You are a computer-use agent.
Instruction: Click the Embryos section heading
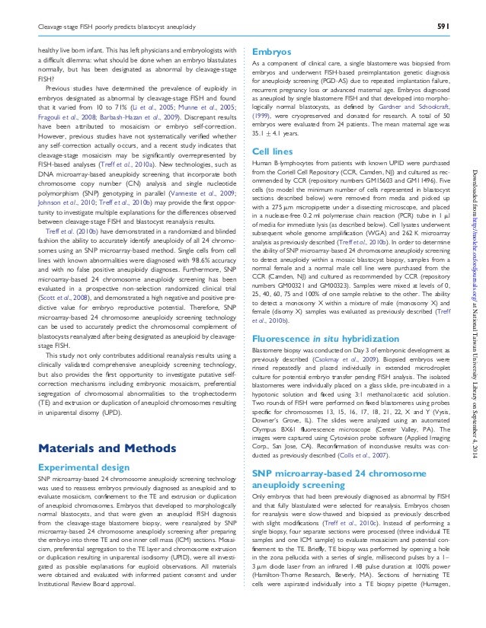coord(269,52)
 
